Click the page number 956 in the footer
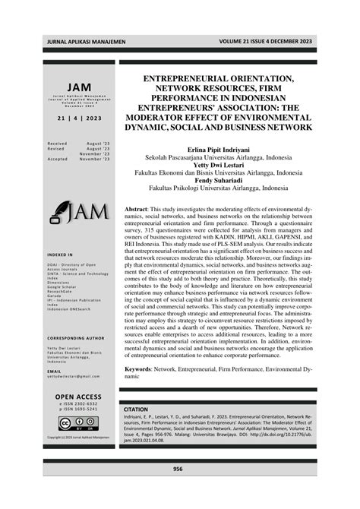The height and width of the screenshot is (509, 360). click(x=178, y=469)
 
